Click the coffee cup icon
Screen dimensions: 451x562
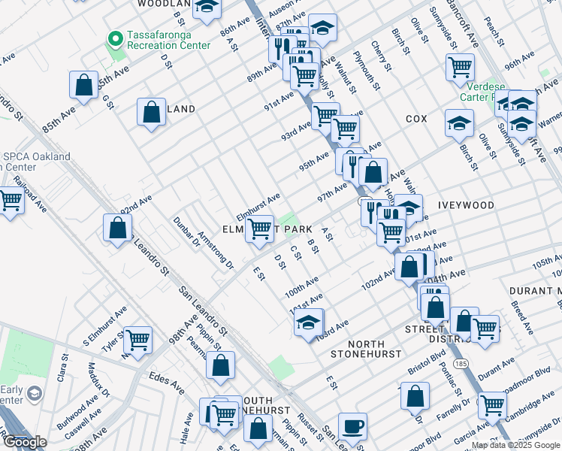point(352,427)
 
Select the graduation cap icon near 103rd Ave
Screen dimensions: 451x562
point(308,322)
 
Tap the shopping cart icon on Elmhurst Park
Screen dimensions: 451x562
point(260,229)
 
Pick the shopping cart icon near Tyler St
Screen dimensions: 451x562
point(137,340)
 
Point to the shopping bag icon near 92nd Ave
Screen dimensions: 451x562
point(117,228)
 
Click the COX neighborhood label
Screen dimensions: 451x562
point(416,120)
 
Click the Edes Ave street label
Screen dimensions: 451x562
point(167,383)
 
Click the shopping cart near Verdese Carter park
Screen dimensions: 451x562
point(459,67)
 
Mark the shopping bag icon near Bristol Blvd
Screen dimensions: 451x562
point(415,396)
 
